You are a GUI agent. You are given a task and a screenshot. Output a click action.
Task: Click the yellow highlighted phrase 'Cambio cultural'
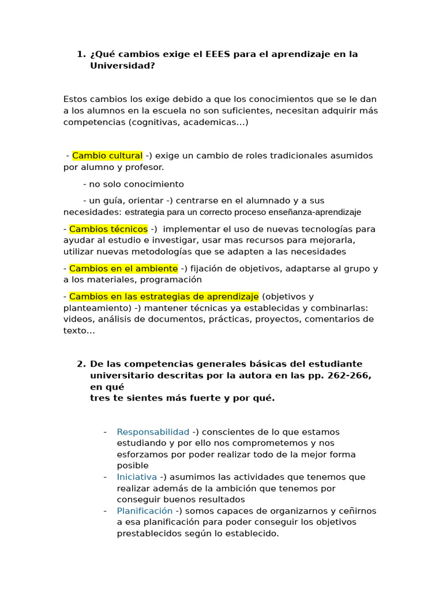click(107, 156)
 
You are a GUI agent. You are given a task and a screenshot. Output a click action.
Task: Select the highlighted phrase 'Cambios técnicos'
click(108, 229)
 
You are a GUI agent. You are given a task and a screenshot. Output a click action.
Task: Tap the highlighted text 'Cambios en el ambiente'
click(123, 268)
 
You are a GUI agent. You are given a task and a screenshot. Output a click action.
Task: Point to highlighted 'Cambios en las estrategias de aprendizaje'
click(164, 297)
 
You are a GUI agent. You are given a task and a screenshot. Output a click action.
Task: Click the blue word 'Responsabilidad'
click(153, 432)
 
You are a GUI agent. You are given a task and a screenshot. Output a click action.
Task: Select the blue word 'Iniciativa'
click(137, 477)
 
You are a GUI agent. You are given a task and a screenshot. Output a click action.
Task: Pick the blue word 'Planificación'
click(144, 511)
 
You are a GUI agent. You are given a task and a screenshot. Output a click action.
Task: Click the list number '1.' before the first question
click(81, 54)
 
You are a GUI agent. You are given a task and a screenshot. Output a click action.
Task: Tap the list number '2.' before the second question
click(81, 364)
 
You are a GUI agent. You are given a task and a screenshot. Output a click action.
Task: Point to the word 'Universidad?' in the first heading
click(122, 66)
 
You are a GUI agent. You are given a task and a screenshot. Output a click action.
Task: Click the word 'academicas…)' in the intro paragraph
click(222, 122)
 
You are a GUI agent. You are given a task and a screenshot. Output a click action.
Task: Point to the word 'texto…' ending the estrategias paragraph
click(79, 331)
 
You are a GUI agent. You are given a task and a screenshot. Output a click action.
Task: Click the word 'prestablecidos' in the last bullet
click(147, 534)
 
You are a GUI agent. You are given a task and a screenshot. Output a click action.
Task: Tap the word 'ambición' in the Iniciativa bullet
click(265, 489)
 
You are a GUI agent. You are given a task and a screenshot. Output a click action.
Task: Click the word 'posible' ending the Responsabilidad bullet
click(133, 466)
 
